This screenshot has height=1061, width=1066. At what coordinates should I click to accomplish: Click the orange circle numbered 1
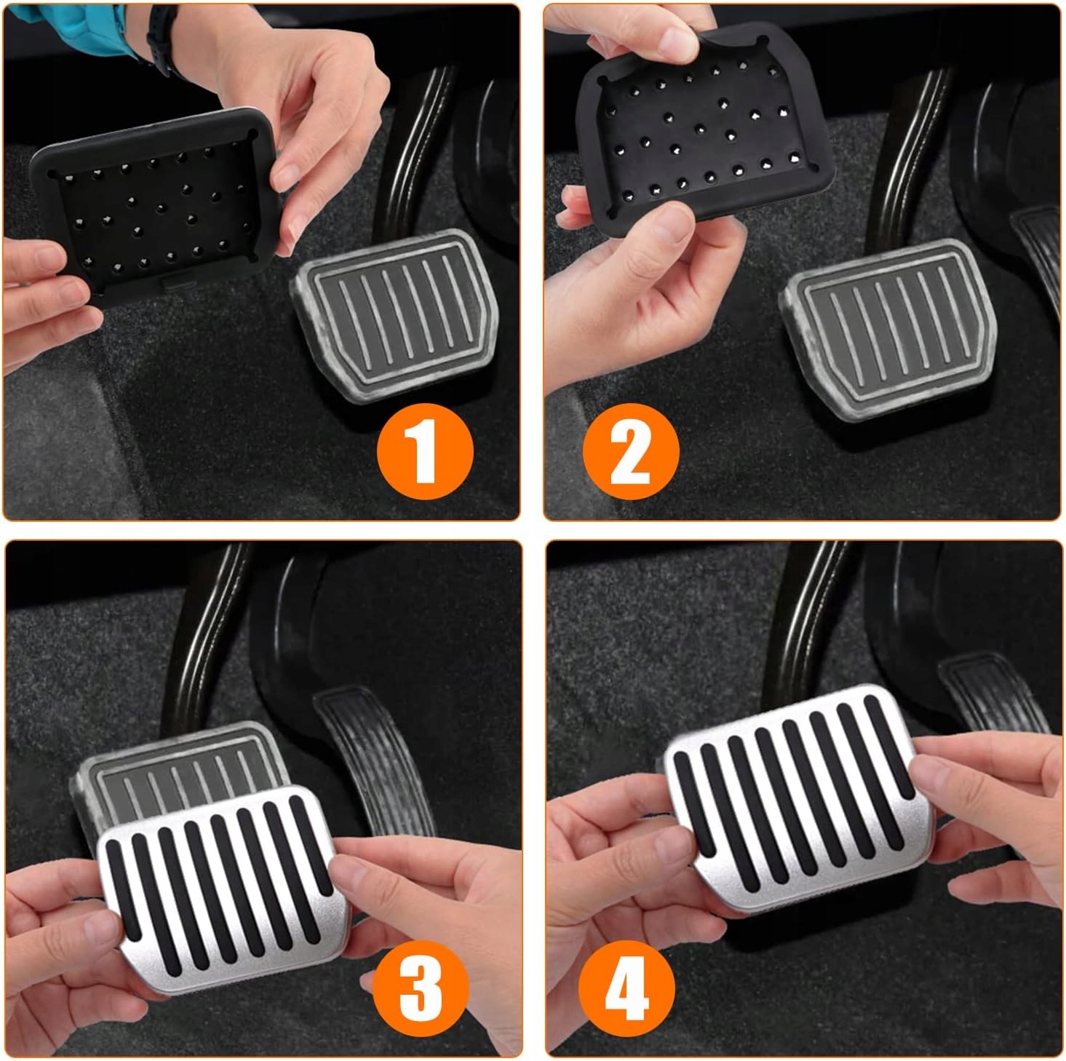(425, 451)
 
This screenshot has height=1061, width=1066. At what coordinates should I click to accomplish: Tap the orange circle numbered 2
(631, 451)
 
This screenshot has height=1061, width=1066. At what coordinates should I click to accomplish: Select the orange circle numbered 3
(421, 988)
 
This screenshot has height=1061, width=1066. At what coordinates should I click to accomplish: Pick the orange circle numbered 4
(627, 988)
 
